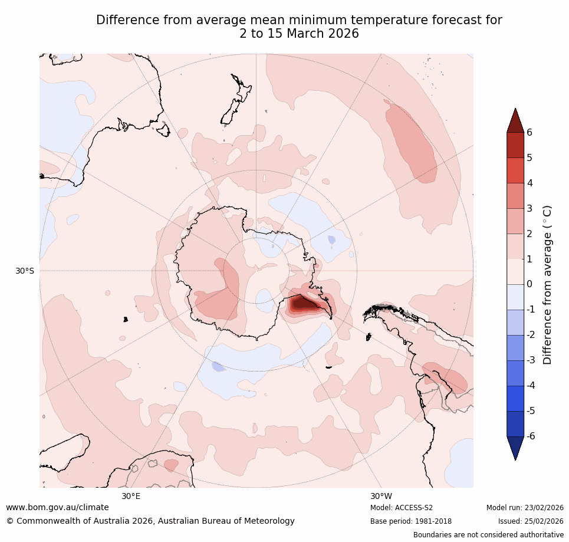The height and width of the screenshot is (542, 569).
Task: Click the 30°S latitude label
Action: tap(25, 271)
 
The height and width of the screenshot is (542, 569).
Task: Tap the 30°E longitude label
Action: tap(131, 496)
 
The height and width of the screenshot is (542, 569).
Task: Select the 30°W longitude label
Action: tap(381, 496)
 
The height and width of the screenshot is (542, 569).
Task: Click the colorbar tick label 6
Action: tap(529, 132)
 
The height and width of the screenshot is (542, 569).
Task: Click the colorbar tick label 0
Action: tap(529, 284)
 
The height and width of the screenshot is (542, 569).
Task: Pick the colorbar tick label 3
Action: tap(529, 208)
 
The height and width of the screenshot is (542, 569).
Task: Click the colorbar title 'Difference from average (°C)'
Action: tap(547, 285)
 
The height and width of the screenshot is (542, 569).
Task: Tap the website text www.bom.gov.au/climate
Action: tap(57, 507)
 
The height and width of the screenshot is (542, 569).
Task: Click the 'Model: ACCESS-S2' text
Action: tap(402, 508)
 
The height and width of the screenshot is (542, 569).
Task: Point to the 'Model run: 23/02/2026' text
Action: tap(525, 508)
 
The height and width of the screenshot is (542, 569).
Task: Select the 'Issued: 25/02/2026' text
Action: tap(531, 521)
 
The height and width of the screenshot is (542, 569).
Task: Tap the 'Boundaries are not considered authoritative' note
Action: tap(488, 535)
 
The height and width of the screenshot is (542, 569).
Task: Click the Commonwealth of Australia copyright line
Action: tap(150, 521)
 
